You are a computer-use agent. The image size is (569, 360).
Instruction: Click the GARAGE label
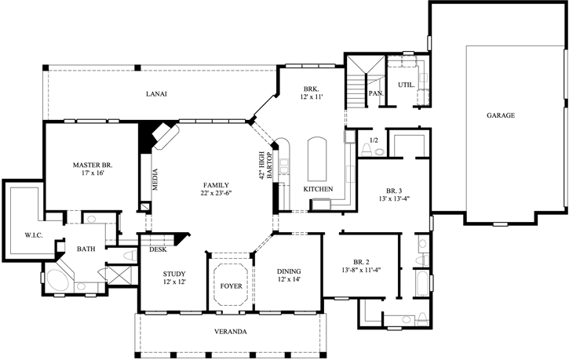point(500,115)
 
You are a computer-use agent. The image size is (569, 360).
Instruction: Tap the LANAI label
point(156,94)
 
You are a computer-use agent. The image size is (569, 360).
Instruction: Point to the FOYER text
point(230,285)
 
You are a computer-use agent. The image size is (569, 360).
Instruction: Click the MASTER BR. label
point(92,165)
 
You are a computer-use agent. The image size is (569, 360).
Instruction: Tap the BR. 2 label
point(360,263)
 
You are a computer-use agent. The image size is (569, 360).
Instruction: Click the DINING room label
point(290,272)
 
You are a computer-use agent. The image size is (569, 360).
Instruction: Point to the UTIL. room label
point(406,85)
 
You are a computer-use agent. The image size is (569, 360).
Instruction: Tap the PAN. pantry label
point(375,93)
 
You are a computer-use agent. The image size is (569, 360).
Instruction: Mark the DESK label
point(156,250)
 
